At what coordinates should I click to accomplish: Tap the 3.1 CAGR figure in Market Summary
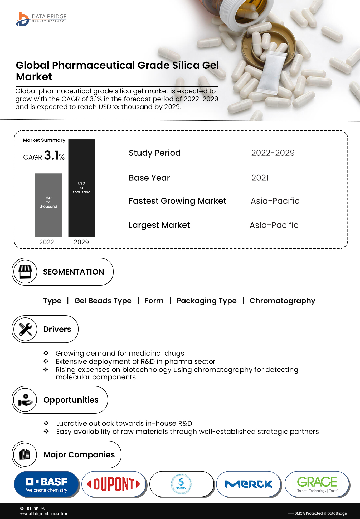point(51,155)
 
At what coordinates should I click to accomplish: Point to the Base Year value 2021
point(260,178)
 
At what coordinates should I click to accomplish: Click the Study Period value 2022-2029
point(273,153)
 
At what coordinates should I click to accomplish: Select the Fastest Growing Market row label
point(177,201)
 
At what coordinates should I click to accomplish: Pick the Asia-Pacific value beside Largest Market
point(274,225)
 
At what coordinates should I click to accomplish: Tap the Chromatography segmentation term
point(282,301)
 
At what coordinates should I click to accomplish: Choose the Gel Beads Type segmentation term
point(103,301)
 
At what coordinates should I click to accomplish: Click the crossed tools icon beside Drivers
point(25,329)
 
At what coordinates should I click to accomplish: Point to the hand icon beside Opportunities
point(25,400)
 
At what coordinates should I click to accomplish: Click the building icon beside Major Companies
point(25,454)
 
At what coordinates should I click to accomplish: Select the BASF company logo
point(47,484)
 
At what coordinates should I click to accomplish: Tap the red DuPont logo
point(114,484)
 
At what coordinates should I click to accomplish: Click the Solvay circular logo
point(181,484)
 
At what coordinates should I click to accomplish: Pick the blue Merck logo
point(249,484)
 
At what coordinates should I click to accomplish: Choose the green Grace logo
point(317,484)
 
